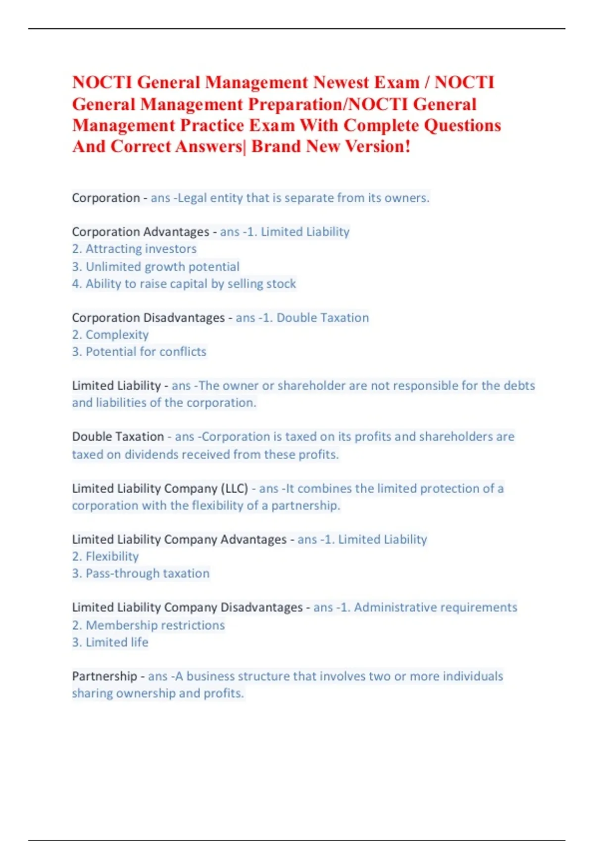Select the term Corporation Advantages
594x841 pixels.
(141, 232)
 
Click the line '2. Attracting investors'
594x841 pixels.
(134, 249)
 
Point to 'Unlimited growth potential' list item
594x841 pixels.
(155, 267)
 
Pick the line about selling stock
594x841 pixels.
(184, 284)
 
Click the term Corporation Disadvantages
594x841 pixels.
(148, 318)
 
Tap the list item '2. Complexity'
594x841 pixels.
(110, 335)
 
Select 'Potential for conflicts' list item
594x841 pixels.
(139, 352)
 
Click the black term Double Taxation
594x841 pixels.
(118, 437)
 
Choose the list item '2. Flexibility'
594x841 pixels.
(105, 557)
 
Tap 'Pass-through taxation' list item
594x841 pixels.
(141, 573)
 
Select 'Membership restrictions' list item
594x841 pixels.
(148, 625)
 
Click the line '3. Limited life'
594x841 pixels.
(110, 642)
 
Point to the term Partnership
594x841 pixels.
(104, 676)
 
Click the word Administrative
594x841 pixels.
(393, 607)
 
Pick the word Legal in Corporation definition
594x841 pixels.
(192, 198)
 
